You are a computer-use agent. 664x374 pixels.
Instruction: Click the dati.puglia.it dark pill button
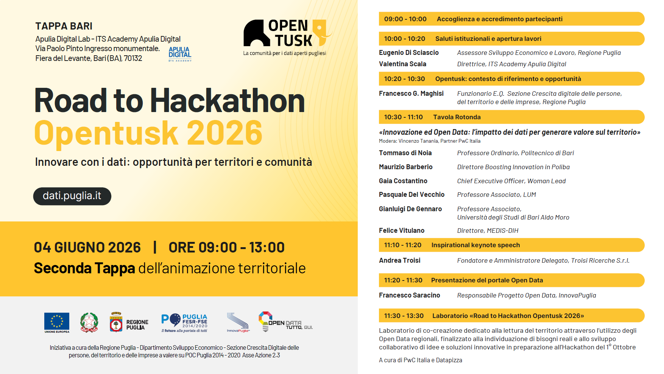[72, 196]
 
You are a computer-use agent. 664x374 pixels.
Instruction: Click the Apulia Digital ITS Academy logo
[180, 54]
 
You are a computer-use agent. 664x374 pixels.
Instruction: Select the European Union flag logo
[57, 323]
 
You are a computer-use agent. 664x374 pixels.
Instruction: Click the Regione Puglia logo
[129, 323]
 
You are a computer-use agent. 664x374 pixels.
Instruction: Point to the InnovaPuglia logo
[238, 323]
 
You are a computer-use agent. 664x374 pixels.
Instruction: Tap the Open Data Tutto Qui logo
[285, 322]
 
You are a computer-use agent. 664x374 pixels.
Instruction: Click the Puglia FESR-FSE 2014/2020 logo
[184, 323]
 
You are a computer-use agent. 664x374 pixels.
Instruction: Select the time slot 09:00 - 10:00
[405, 19]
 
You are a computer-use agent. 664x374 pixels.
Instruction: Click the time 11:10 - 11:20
[403, 245]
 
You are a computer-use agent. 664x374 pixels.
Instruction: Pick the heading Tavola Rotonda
[457, 117]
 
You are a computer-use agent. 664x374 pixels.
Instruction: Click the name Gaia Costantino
[403, 181]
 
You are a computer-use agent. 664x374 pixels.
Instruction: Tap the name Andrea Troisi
[400, 260]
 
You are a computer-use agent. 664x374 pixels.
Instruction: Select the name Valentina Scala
[403, 64]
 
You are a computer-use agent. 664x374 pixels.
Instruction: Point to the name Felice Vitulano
[402, 231]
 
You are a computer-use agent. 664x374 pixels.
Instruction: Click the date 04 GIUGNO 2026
[87, 247]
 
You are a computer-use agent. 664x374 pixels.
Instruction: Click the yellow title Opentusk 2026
[148, 133]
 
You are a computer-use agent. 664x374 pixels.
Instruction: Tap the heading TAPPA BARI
[64, 26]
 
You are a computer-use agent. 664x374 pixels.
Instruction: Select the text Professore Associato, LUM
[497, 195]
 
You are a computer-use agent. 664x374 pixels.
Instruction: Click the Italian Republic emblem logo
[89, 323]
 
